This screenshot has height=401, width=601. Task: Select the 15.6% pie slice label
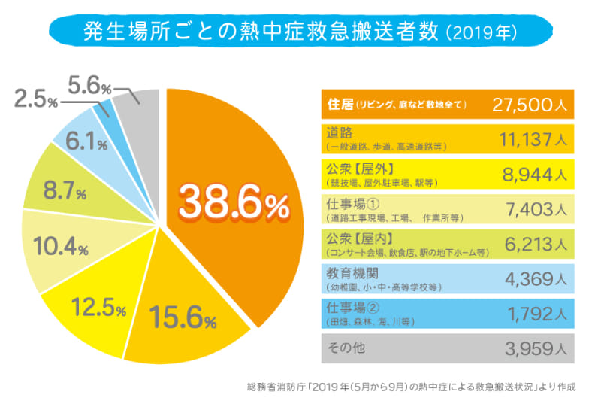click(x=181, y=316)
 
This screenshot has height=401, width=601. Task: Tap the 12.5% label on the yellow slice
click(x=98, y=307)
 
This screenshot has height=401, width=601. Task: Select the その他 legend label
click(x=343, y=348)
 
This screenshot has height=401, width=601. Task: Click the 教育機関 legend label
click(x=354, y=272)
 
